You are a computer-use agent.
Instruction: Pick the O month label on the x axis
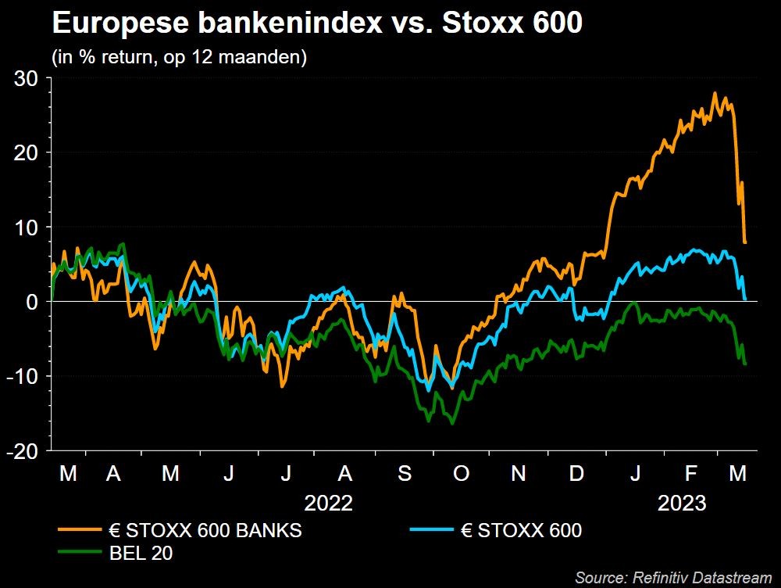[x=461, y=474]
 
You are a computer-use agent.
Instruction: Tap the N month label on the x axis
[x=519, y=474]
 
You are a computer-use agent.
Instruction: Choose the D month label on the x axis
[x=576, y=474]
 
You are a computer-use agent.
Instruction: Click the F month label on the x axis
[x=690, y=474]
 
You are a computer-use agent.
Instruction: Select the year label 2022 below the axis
[x=329, y=502]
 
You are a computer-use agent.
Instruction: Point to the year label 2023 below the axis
[x=682, y=502]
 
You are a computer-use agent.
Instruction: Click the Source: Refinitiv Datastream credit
[x=672, y=578]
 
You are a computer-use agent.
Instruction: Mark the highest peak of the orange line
[x=715, y=93]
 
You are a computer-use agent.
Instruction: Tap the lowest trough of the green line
[x=452, y=424]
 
